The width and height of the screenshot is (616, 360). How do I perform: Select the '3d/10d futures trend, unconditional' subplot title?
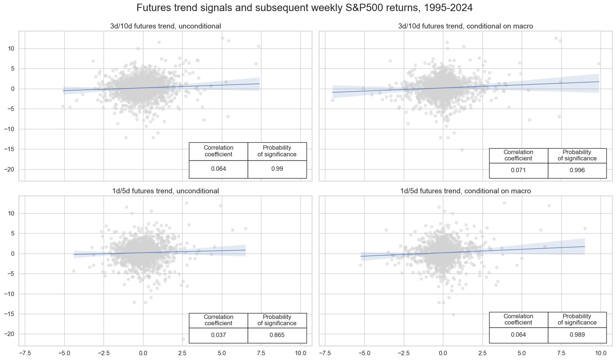(165, 26)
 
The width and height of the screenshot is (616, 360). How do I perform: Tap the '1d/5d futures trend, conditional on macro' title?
(466, 191)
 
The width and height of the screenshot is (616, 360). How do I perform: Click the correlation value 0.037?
(218, 335)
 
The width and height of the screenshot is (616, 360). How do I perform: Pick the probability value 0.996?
(577, 170)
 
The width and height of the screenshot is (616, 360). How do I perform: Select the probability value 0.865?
(277, 335)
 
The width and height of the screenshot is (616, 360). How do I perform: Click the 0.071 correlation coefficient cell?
(518, 170)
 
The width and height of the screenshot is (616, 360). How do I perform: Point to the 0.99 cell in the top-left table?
(277, 169)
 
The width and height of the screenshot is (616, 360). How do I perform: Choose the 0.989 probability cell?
(577, 335)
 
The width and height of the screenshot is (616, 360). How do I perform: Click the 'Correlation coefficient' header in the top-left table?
(218, 151)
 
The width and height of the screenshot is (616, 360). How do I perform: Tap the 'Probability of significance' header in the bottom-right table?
(577, 319)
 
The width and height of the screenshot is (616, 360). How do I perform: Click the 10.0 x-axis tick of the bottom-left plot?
(300, 353)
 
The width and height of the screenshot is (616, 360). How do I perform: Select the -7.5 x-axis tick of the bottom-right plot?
(325, 353)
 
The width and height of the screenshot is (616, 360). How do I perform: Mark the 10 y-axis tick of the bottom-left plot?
(11, 213)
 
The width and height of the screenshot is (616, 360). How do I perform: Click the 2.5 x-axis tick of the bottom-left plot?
(182, 353)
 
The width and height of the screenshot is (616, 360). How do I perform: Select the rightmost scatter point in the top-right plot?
(599, 64)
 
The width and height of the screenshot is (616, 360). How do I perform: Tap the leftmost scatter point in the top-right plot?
(332, 100)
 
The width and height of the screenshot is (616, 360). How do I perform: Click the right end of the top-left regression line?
(260, 84)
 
